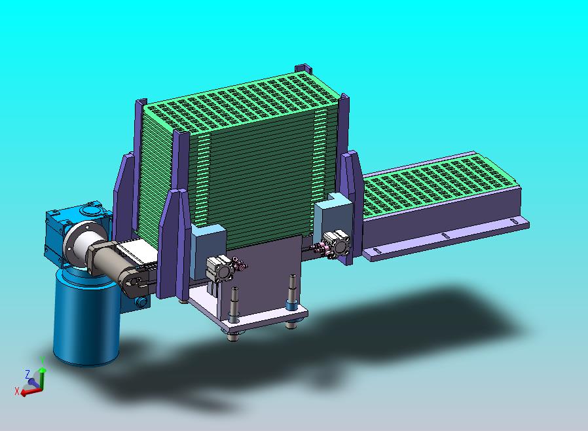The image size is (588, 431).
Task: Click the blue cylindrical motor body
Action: click(x=86, y=319)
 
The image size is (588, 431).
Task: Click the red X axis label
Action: click(x=17, y=391)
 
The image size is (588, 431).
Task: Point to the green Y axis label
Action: click(x=43, y=360)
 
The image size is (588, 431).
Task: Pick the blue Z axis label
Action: click(x=28, y=374)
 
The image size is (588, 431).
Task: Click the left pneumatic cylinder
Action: click(x=219, y=269)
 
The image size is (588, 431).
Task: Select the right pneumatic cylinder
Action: click(x=337, y=244)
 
